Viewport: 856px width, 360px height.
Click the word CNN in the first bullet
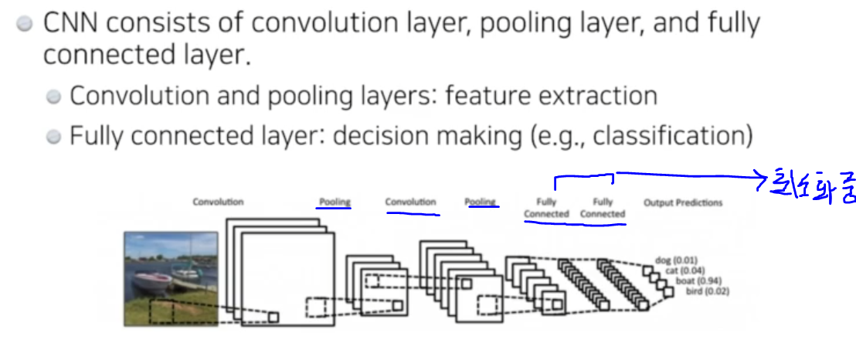click(x=71, y=23)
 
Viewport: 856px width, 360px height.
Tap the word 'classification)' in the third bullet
click(x=674, y=137)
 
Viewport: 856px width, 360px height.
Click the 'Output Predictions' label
click(x=683, y=202)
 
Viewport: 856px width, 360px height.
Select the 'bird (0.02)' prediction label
click(x=708, y=291)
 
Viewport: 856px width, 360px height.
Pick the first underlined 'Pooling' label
click(x=334, y=202)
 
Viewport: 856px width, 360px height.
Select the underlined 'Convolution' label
click(x=411, y=202)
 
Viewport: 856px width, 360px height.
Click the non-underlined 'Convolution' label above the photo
click(x=218, y=202)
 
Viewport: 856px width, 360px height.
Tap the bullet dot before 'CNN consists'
click(x=25, y=24)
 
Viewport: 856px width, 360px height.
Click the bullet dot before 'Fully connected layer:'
click(x=53, y=138)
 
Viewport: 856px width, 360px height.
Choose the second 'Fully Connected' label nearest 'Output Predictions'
click(x=603, y=208)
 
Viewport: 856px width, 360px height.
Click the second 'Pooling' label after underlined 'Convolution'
click(x=480, y=202)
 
